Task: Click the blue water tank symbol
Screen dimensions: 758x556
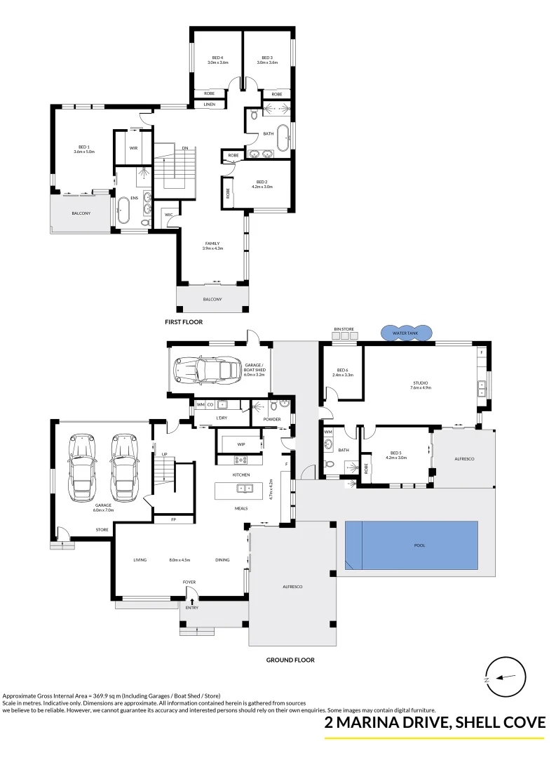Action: click(x=406, y=333)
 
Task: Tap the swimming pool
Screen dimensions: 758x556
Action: click(x=412, y=545)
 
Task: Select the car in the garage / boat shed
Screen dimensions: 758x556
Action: click(x=207, y=369)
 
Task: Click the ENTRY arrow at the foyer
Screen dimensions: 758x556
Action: click(x=192, y=601)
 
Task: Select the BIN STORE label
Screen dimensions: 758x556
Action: click(x=343, y=328)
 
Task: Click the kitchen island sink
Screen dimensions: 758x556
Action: click(x=243, y=488)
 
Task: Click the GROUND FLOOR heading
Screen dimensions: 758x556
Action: click(x=290, y=660)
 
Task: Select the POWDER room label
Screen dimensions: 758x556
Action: click(x=273, y=420)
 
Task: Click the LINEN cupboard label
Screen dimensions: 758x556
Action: click(x=209, y=105)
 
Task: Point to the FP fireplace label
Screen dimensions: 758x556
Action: click(x=163, y=520)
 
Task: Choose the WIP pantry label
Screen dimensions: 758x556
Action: click(x=241, y=444)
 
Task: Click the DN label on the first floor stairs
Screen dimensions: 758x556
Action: click(x=185, y=148)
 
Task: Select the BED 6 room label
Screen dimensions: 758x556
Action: click(x=343, y=371)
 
